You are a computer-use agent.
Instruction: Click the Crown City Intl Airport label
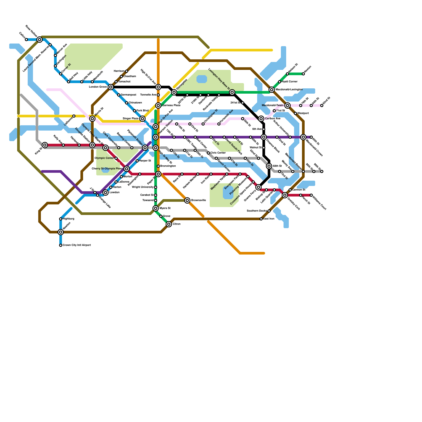tap(76, 245)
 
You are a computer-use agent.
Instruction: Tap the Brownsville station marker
tap(187, 200)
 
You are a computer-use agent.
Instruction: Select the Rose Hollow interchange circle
tap(40, 40)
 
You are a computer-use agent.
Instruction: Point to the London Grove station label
tap(98, 87)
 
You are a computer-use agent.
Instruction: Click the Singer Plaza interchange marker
tap(142, 119)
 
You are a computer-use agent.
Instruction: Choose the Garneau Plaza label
tap(171, 105)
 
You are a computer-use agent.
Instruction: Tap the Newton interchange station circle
tap(61, 232)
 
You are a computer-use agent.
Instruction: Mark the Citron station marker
tap(169, 224)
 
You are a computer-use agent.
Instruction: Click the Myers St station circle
tap(156, 208)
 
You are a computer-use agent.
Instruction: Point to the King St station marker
tap(45, 145)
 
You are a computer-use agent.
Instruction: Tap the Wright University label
tap(143, 187)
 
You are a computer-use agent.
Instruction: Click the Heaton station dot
tap(303, 74)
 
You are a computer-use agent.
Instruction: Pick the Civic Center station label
tap(218, 153)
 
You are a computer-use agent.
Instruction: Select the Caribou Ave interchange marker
tap(261, 119)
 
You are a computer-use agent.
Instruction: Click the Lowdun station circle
tap(105, 193)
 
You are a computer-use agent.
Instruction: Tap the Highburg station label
tap(68, 219)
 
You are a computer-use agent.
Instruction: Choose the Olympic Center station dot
tap(116, 158)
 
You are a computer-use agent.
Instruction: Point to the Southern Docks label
tap(257, 211)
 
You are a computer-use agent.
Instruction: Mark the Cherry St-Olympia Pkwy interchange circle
tap(127, 169)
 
